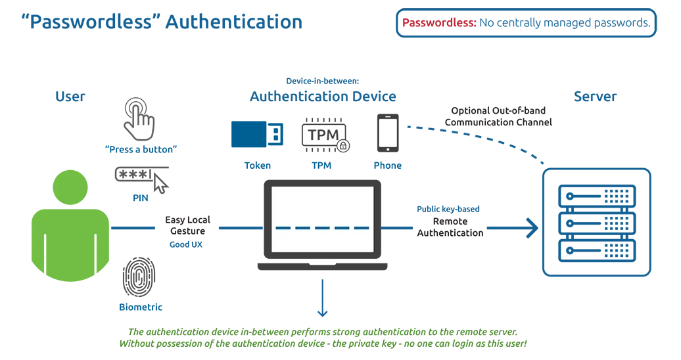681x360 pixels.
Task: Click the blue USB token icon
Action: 257,134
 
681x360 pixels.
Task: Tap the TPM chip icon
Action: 324,135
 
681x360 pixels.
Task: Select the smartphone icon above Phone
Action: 387,133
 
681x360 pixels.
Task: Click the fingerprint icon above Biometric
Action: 139,277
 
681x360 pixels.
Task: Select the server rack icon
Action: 597,221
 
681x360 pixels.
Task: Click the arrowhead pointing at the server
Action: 531,228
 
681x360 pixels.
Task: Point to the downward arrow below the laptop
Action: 322,299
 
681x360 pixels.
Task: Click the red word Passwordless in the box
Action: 439,23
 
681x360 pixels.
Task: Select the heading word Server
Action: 596,97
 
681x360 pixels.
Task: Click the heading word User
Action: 70,97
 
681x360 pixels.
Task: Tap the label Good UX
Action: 186,244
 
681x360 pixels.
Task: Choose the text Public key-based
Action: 448,209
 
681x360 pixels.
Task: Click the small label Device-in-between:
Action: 322,81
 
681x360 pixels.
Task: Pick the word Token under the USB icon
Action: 257,166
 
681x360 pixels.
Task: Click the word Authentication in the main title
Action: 233,22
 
